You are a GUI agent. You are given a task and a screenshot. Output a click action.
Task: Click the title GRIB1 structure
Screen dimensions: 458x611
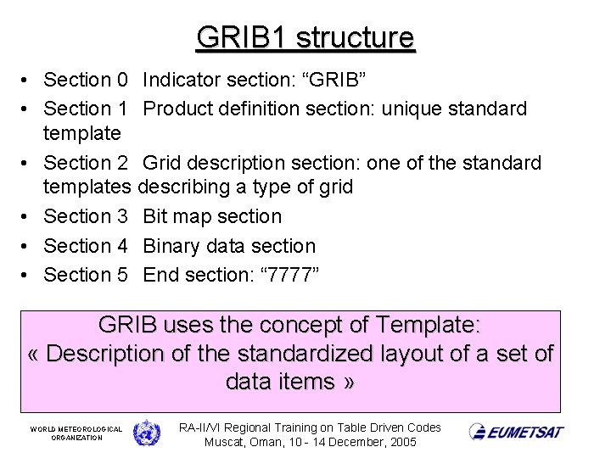point(305,38)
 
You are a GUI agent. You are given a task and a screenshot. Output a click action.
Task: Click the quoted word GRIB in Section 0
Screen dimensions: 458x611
point(334,81)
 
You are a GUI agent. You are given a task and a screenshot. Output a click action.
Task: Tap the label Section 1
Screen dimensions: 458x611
point(85,109)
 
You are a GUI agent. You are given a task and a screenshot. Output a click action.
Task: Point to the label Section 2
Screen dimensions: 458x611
point(85,163)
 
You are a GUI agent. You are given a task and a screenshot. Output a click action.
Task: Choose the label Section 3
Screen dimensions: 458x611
point(85,217)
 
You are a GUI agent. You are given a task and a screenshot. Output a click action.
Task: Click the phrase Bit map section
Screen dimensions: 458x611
point(212,217)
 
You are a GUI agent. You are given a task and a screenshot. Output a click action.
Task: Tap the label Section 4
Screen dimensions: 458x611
point(85,246)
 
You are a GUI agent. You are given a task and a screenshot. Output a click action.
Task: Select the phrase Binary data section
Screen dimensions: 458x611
point(229,246)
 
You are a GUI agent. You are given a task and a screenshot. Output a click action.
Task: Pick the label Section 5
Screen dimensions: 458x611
point(85,275)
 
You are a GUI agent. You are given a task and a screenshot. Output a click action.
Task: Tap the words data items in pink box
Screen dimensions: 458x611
point(280,382)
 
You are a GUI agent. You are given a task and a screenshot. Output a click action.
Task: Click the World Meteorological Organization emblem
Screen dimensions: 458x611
point(146,433)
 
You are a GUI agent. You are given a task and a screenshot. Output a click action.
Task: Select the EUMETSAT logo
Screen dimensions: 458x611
point(516,432)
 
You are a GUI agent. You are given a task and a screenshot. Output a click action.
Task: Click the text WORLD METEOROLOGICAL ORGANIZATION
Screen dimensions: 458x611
point(76,433)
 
